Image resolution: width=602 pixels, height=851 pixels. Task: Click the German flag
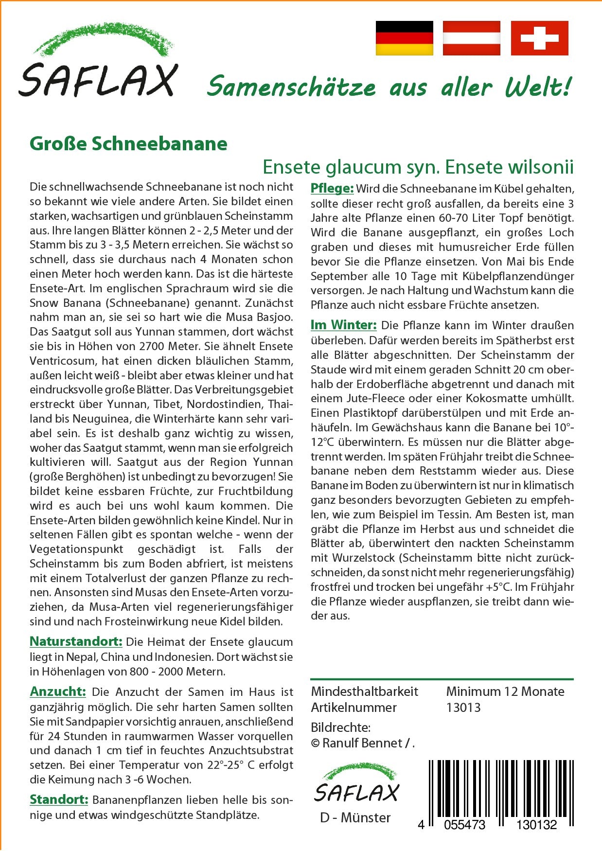click(x=404, y=38)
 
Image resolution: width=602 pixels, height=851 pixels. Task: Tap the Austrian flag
click(x=471, y=38)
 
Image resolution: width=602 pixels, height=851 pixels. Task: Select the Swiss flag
click(x=539, y=38)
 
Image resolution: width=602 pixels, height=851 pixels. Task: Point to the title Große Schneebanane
click(x=128, y=143)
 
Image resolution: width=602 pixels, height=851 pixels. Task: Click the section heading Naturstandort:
click(x=76, y=641)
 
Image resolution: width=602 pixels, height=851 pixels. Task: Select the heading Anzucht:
click(x=58, y=691)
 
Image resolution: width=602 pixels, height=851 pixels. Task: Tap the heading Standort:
click(x=59, y=799)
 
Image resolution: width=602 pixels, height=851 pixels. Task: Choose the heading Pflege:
click(x=332, y=188)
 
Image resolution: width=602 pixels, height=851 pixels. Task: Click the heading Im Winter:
click(x=343, y=325)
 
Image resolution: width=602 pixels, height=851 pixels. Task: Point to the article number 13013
click(x=463, y=708)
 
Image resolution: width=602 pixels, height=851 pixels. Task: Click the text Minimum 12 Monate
click(x=505, y=691)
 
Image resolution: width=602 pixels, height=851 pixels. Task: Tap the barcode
click(x=500, y=793)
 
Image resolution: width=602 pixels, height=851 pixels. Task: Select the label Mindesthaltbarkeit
click(x=364, y=691)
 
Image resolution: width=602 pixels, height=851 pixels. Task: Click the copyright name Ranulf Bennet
click(x=362, y=743)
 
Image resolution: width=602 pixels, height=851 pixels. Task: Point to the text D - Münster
click(x=355, y=817)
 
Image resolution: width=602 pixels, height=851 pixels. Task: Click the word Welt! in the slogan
click(x=538, y=88)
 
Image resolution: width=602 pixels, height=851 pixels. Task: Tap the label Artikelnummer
click(x=354, y=708)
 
